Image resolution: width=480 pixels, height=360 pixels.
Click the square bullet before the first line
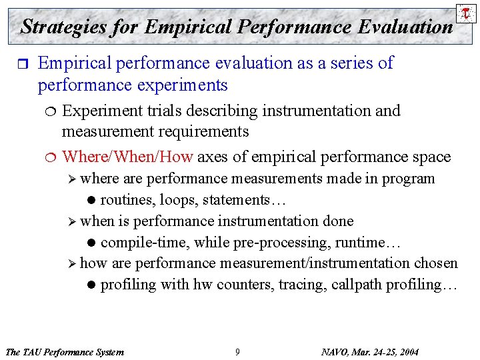20,64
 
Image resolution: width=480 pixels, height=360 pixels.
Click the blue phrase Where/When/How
127,157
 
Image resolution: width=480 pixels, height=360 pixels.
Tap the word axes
212,157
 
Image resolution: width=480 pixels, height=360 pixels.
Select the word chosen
436,263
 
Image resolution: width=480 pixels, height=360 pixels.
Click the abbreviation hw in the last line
201,285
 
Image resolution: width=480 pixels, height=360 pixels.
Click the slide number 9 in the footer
237,352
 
